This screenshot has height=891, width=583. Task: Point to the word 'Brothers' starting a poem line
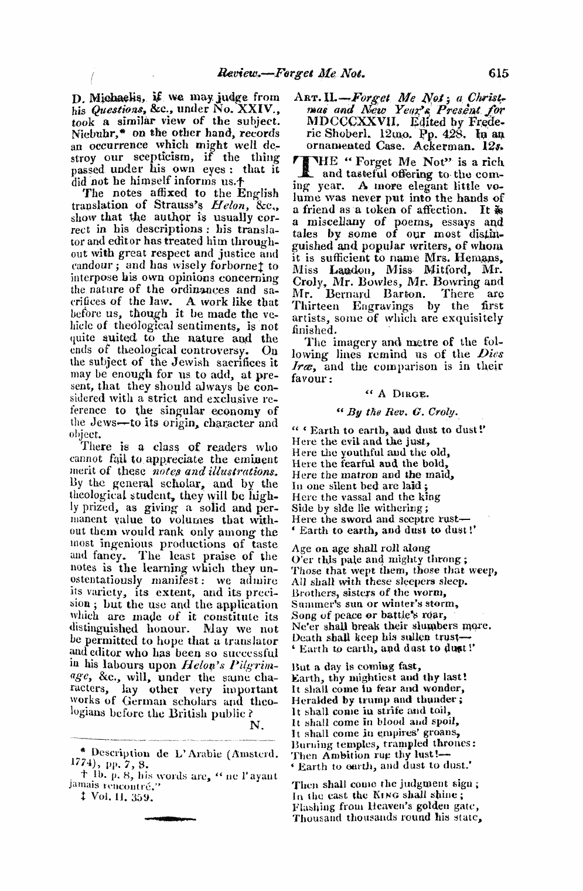[x=312, y=593]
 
